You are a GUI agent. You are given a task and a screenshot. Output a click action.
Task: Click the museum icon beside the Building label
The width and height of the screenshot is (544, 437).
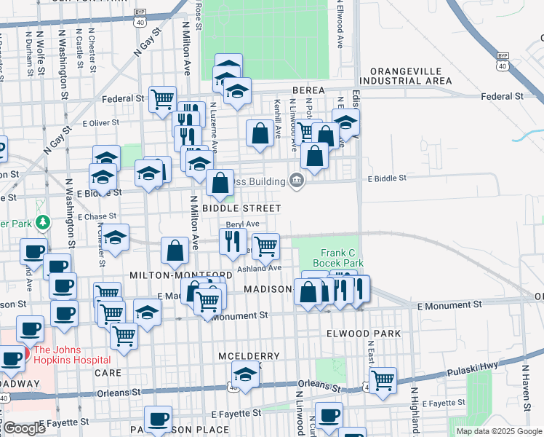[297, 180]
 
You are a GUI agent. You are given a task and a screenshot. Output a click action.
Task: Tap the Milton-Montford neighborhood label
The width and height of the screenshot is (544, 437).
[180, 276]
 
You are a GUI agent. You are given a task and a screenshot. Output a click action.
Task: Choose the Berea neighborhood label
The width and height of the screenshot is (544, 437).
[308, 90]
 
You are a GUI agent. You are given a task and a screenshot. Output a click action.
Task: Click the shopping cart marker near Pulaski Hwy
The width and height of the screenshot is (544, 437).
[383, 379]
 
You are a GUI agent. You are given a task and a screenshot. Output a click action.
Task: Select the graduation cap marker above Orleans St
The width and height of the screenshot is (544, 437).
[246, 374]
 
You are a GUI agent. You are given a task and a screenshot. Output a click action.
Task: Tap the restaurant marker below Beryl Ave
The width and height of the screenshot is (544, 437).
[233, 241]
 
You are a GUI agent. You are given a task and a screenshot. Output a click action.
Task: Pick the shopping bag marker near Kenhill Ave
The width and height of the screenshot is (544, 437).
[260, 133]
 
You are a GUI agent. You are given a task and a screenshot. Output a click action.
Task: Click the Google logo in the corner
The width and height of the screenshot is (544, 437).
[23, 428]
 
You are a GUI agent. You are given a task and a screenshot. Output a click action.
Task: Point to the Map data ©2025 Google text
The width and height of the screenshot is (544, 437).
[498, 431]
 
